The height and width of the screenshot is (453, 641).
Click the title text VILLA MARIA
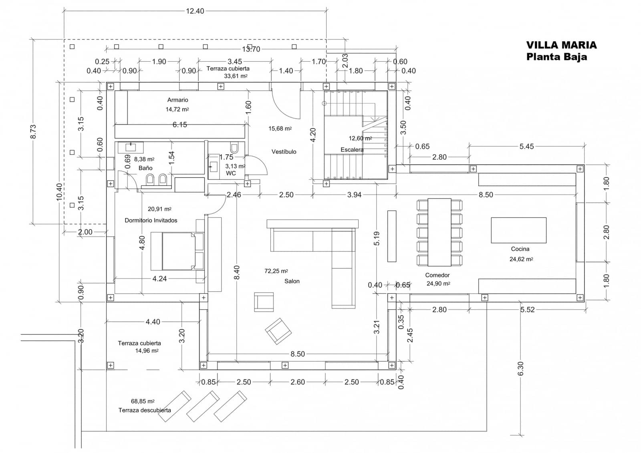tap(561, 45)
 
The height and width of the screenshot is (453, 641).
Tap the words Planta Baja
tap(556, 56)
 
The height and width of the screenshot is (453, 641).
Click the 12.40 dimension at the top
tap(195, 11)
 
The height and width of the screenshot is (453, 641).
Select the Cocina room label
tap(520, 249)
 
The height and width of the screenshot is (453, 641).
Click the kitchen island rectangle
tap(518, 230)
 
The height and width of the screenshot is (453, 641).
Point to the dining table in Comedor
tap(439, 232)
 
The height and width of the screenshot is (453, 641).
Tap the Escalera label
tap(352, 149)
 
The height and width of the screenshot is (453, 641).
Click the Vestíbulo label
tap(284, 151)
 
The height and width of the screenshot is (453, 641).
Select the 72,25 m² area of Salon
tap(276, 271)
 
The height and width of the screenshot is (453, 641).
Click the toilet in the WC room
tap(235, 149)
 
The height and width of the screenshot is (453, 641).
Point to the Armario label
tap(177, 100)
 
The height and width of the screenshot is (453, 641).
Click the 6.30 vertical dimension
tap(521, 368)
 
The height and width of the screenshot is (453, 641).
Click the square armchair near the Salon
tap(264, 302)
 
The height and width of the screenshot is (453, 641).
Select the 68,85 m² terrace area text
tap(143, 401)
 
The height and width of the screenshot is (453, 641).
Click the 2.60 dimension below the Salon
tap(297, 382)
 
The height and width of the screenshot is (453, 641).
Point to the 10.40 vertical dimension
tap(59, 191)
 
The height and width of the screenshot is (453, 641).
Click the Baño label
tap(145, 168)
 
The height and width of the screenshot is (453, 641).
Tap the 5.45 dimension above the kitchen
tap(526, 146)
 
